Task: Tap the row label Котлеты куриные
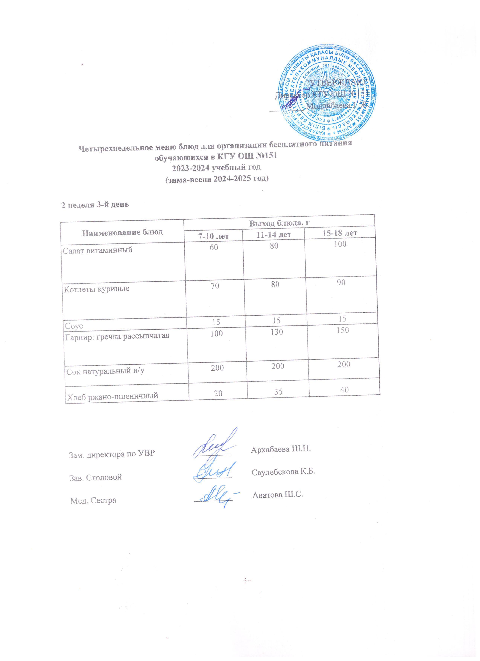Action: click(97, 289)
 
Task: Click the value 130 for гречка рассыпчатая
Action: click(276, 332)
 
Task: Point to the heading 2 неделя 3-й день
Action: click(94, 205)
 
